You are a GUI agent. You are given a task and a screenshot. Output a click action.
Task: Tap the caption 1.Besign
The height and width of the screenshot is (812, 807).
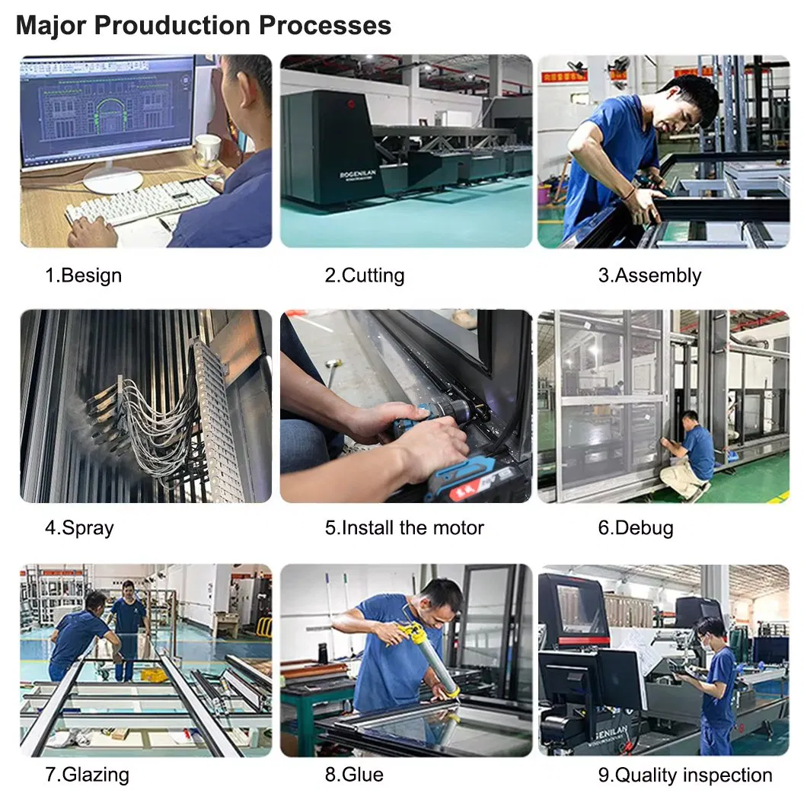click(x=84, y=275)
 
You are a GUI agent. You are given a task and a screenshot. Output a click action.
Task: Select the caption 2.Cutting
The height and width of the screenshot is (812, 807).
click(x=365, y=275)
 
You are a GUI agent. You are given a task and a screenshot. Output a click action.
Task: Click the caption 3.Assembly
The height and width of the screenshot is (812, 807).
click(x=649, y=276)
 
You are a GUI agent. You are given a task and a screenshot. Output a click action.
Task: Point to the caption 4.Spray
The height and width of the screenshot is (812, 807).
click(x=79, y=528)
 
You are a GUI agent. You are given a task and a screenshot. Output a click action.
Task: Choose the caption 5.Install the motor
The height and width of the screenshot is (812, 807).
click(x=404, y=527)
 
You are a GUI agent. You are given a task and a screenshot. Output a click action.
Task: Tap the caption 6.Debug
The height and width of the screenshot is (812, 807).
click(x=636, y=528)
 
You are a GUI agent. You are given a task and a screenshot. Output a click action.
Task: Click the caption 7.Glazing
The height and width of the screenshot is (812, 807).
click(x=87, y=775)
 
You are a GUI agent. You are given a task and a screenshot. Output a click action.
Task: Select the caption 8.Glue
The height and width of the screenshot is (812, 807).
click(x=354, y=775)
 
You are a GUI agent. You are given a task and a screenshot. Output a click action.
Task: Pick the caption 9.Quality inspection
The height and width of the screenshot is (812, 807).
click(x=684, y=775)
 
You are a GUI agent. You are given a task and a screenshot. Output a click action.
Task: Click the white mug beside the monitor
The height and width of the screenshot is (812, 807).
click(x=209, y=151)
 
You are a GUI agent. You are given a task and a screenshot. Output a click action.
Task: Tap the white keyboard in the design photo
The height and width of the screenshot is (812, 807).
click(x=142, y=202)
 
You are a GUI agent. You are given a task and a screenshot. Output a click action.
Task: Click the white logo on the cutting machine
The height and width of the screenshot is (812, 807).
click(x=357, y=174)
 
